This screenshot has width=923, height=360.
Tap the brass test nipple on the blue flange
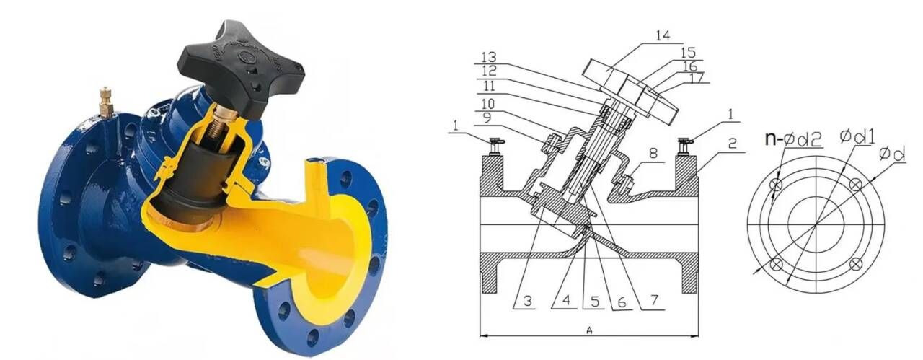coord(106,102)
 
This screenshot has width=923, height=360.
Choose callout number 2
coord(732,144)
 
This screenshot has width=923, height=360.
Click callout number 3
coord(528,301)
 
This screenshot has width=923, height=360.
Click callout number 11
coord(489,87)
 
